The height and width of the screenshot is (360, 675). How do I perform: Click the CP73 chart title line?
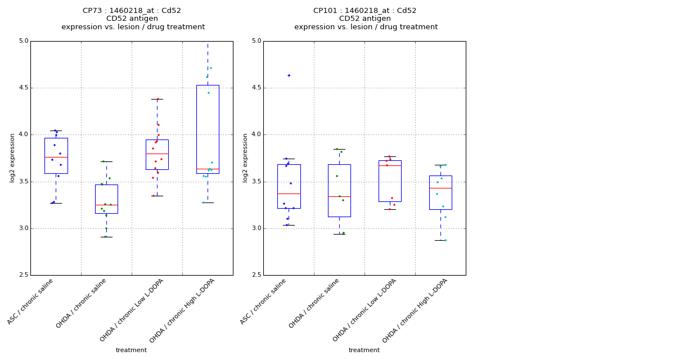(132, 11)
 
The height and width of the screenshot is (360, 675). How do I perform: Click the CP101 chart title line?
(364, 11)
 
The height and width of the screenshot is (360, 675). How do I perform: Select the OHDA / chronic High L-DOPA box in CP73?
(208, 129)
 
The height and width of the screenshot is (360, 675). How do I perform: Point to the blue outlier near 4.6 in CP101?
(289, 75)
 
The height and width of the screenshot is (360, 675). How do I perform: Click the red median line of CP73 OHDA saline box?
(106, 205)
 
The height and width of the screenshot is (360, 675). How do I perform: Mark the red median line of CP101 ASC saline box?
(289, 193)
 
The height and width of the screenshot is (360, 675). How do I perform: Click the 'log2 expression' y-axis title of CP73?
(12, 158)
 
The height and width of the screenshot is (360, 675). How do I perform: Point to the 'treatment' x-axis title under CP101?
(364, 350)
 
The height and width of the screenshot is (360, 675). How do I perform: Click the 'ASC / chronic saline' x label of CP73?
(31, 301)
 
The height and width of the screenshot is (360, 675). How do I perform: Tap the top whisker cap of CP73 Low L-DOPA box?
(157, 99)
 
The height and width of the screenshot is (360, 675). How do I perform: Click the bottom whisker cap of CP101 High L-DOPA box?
(440, 240)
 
